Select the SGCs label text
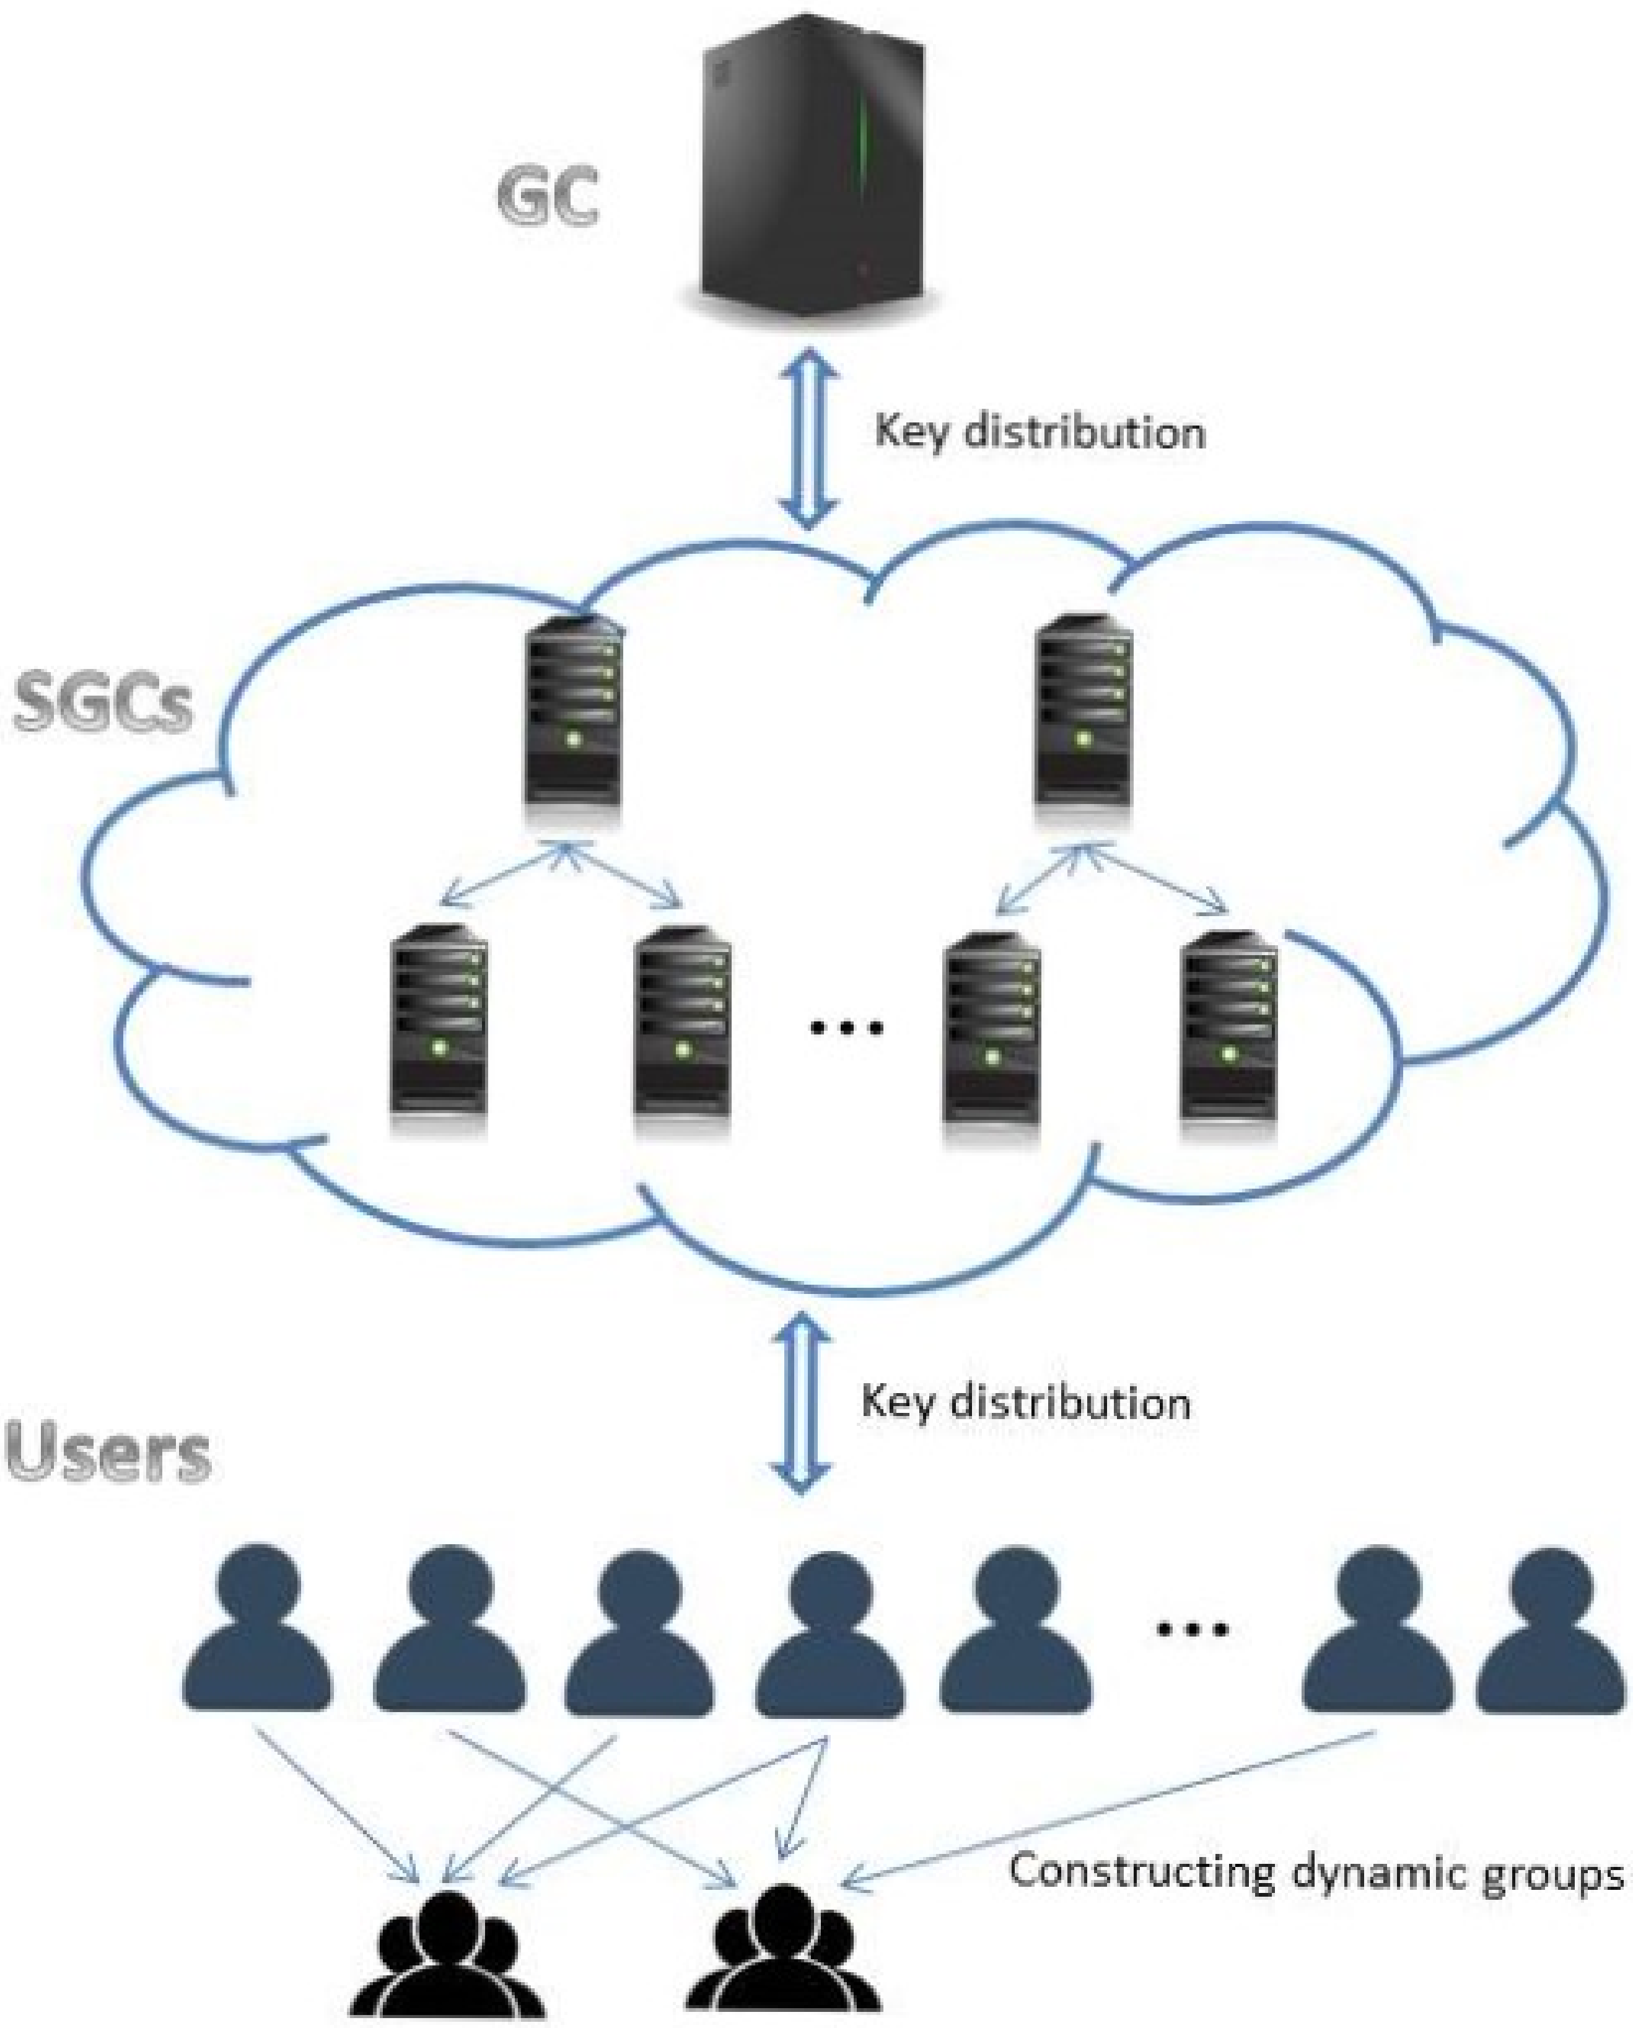[103, 704]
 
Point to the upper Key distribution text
[1040, 433]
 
